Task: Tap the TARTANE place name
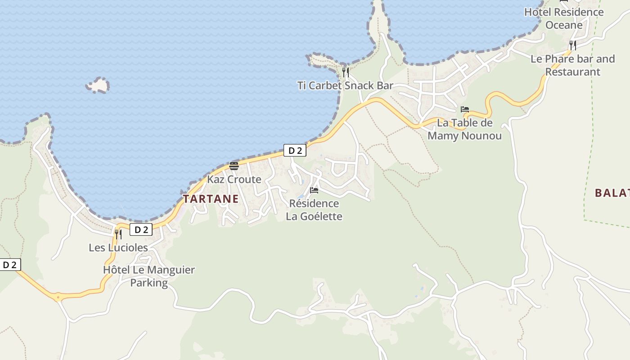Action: [211, 198]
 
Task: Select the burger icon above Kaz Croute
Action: [234, 166]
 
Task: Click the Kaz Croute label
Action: [234, 179]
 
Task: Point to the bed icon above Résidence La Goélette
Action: [314, 190]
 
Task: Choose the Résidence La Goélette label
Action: [314, 210]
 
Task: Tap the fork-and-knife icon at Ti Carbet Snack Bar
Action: [346, 72]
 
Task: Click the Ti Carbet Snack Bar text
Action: [345, 85]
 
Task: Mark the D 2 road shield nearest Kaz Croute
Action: [295, 150]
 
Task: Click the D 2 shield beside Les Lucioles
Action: [141, 229]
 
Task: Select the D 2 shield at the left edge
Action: [9, 265]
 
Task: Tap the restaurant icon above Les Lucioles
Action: [118, 234]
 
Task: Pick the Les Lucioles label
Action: [118, 247]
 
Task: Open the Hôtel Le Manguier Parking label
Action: [149, 276]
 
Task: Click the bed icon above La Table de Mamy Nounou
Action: [465, 109]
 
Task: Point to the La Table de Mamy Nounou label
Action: [464, 129]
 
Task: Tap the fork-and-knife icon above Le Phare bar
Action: [572, 45]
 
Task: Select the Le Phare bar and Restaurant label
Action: [572, 65]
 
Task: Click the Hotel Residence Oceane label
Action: [564, 18]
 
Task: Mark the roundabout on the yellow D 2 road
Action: [58, 297]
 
